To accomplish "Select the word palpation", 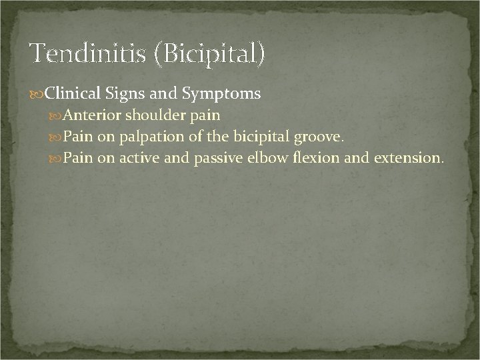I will click(148, 137).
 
